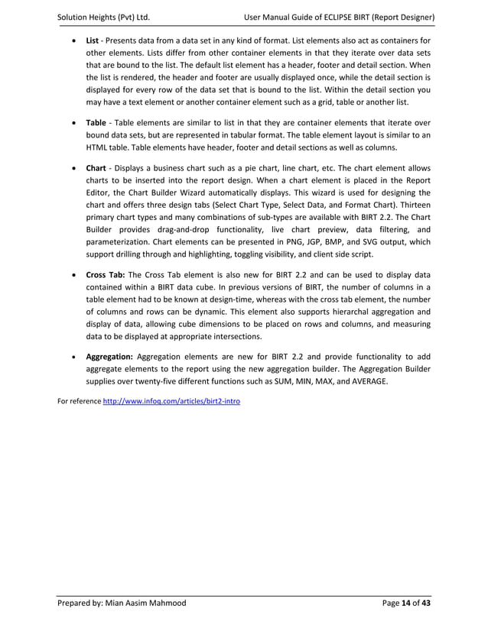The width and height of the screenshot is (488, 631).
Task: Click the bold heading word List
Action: (93, 40)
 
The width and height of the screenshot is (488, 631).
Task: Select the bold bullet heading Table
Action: (96, 122)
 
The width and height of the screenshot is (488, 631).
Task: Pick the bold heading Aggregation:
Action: (109, 356)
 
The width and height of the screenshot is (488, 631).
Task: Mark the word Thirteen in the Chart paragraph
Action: (411, 205)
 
